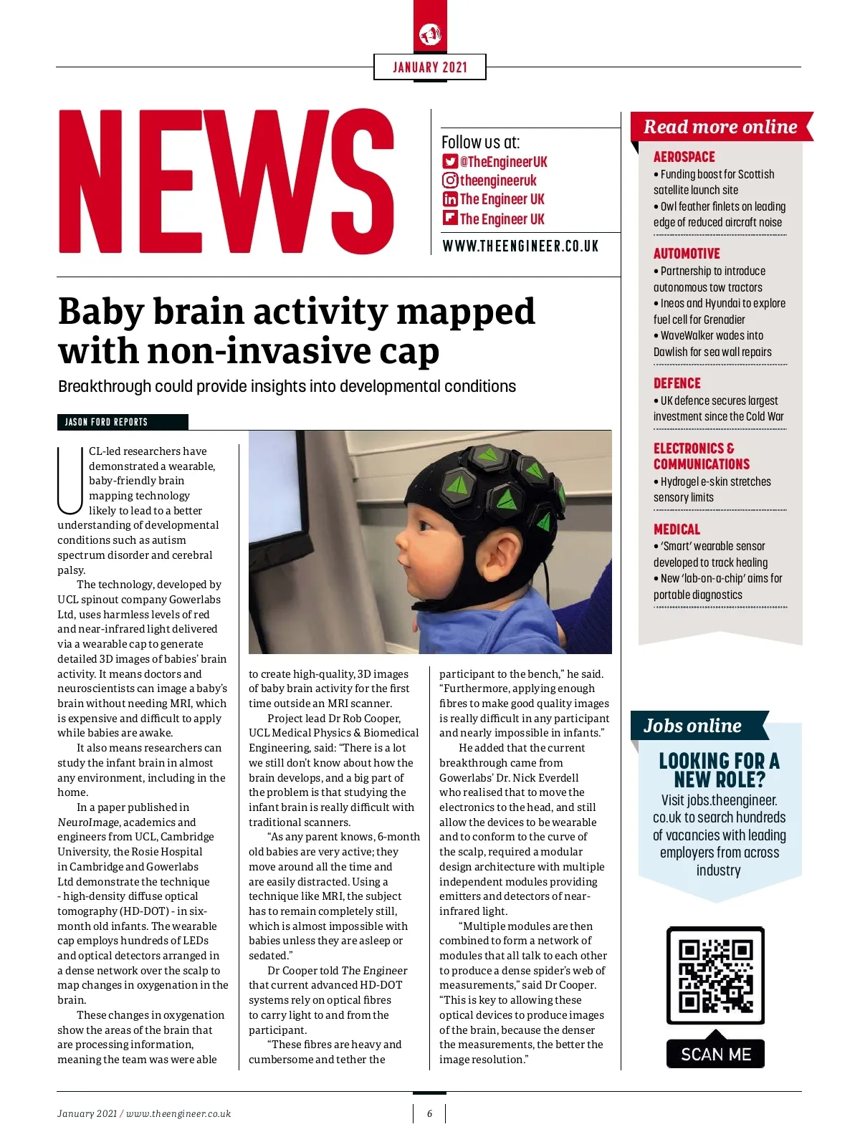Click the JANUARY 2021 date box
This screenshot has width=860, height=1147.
pos(430,67)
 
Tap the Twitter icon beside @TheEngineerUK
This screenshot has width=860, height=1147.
pos(449,161)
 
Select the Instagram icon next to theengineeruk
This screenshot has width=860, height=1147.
pos(449,181)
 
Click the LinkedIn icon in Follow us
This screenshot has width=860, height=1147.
pos(449,199)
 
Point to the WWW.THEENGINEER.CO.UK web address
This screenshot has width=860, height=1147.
pos(520,246)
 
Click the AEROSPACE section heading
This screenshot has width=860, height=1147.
pos(684,157)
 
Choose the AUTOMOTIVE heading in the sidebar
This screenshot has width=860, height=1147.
pos(687,254)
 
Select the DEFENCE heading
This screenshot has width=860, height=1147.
pos(677,383)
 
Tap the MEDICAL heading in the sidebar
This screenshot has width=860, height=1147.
pos(677,529)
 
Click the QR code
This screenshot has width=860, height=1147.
pos(715,976)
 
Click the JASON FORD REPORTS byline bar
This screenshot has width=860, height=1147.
pos(123,422)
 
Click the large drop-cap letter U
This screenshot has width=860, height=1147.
pos(70,481)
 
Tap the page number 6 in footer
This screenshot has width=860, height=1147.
pos(429,1113)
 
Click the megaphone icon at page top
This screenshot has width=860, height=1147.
pos(430,34)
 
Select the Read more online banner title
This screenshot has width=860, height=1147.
pos(720,127)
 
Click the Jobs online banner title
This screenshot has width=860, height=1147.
pos(692,726)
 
